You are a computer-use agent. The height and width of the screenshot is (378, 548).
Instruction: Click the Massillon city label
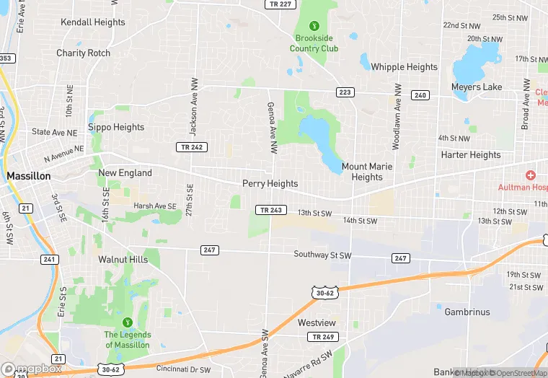(29, 176)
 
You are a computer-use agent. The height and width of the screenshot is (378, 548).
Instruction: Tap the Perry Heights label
(270, 184)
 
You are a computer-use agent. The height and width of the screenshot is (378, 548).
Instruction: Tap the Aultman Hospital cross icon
(531, 175)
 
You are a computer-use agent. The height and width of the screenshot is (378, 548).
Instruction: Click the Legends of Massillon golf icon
(128, 322)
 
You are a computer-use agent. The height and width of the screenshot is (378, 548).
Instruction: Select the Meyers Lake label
(476, 87)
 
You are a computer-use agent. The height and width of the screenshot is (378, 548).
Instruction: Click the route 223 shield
(345, 92)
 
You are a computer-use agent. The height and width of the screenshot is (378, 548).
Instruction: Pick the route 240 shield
(420, 95)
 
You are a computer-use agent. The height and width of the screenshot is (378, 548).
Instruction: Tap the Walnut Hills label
(123, 260)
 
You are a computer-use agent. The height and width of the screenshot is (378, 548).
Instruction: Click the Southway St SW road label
(322, 255)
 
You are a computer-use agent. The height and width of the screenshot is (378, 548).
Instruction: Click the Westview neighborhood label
(317, 323)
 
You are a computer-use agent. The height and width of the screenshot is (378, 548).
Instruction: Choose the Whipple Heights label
(404, 67)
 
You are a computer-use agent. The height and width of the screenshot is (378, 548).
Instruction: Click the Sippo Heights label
(116, 128)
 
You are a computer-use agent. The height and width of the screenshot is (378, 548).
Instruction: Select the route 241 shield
(49, 260)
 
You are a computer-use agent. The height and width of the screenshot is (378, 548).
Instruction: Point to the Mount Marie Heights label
(367, 172)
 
